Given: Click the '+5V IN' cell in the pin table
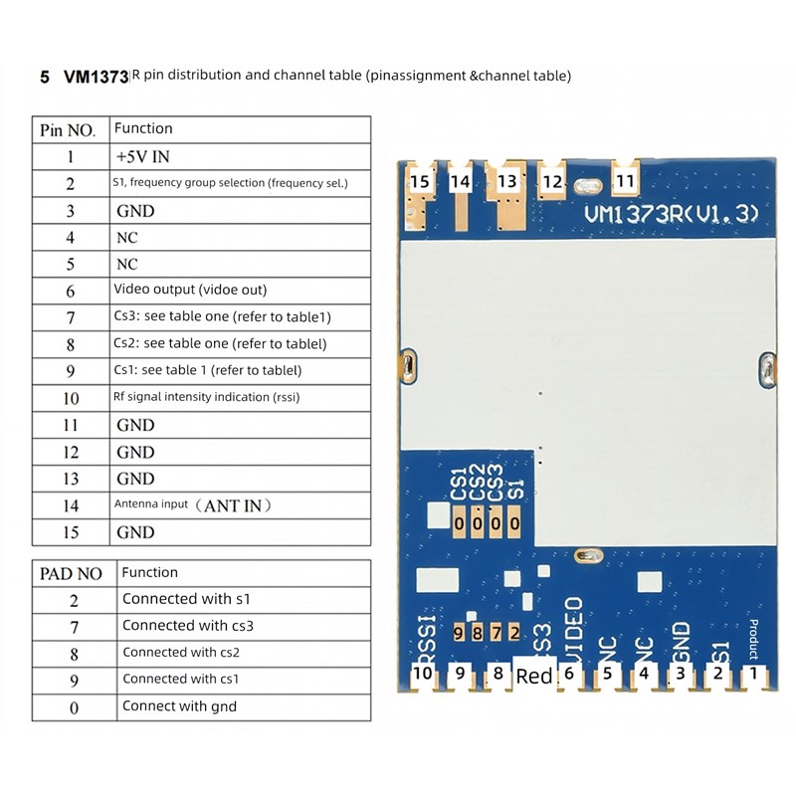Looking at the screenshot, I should coord(142,157).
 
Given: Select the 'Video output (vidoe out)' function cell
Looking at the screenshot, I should coord(190,291).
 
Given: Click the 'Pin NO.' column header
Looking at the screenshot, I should coord(69,130).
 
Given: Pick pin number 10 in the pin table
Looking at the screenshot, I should coord(70,398).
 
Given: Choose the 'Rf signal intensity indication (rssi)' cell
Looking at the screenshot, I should coord(207,398).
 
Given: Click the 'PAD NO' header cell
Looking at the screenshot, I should coord(70,574).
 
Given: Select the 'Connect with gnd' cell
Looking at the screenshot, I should coord(179,707).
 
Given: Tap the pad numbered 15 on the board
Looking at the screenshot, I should coord(420,181).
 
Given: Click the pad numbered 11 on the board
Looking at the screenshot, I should coord(625,181).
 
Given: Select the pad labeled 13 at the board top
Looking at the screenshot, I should coord(507,181).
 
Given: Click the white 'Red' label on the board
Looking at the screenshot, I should coord(534,677).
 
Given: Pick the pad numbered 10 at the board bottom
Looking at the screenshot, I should coord(423,674).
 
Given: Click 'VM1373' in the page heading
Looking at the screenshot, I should coord(96,77).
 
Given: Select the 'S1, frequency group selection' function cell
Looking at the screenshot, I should coord(230,184).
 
